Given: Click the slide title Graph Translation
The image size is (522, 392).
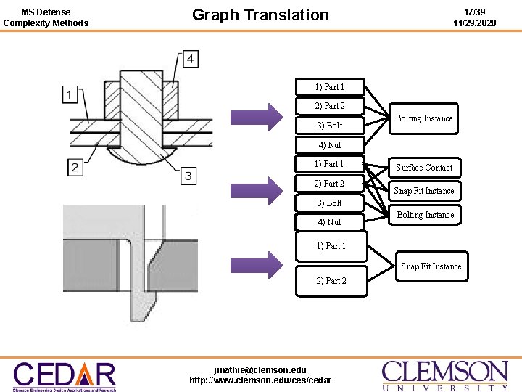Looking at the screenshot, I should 260,15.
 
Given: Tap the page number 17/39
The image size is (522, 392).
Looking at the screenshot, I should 474,12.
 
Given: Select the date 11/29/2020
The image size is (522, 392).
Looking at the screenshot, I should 474,23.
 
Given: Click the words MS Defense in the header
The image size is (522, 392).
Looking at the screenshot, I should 46,12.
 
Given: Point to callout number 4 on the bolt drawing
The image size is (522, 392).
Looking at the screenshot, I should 191,59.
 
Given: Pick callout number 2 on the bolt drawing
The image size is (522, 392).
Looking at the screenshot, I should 75,168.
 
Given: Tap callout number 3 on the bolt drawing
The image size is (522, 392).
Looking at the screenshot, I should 188,175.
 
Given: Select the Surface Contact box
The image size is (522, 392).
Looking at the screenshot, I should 424,167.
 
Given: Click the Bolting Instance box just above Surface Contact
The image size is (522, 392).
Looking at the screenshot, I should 424,118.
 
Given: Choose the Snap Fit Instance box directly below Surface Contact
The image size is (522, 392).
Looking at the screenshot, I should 424,191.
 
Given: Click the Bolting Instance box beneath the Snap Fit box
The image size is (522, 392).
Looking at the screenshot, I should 426,215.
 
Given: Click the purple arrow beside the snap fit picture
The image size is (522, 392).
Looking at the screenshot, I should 257,265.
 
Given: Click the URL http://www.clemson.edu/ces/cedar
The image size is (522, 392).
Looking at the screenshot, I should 260,380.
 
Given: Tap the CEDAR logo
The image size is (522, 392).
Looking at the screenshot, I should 64,376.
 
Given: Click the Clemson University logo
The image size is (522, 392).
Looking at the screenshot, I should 444,376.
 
